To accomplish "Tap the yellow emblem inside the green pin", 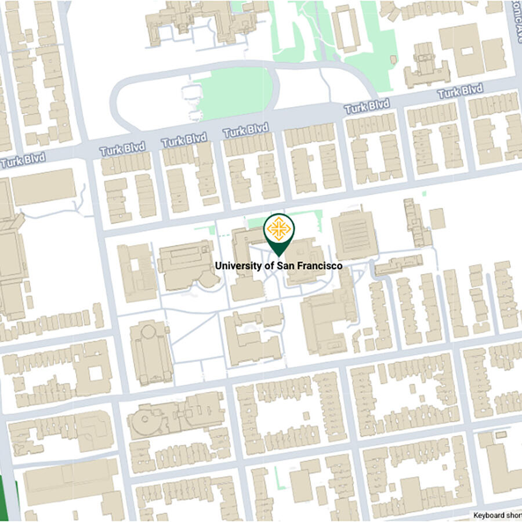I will coord(279,229).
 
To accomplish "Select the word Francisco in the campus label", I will coord(318,266).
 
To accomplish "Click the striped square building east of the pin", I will coord(353,235).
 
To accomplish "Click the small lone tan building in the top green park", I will coord(394,59).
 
